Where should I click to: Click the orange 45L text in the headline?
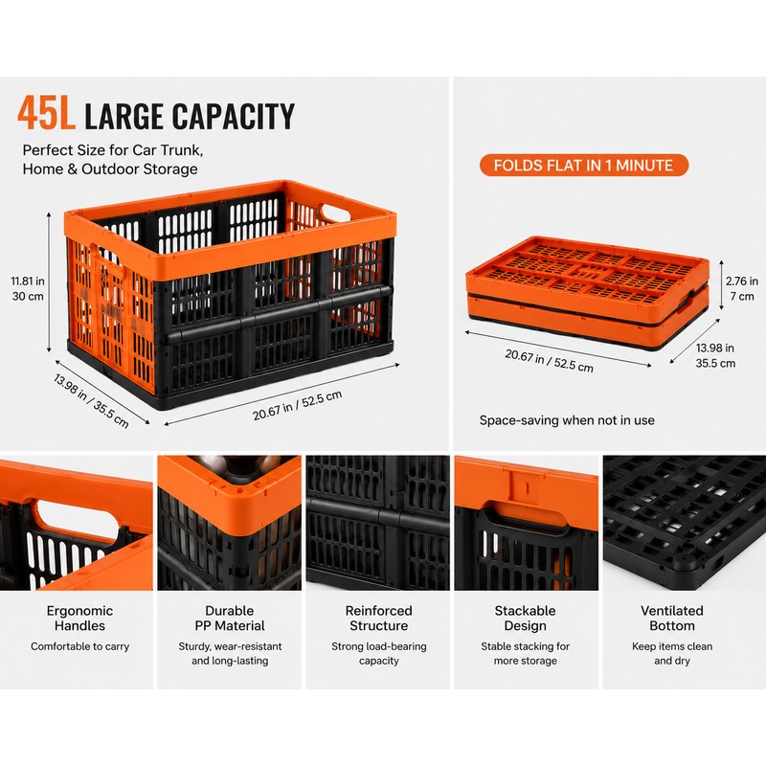coord(46,113)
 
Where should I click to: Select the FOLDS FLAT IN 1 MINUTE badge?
coord(584,165)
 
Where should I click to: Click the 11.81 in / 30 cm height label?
coord(28,289)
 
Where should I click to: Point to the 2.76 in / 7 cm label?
coord(741,289)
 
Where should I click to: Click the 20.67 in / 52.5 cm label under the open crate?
coord(297,405)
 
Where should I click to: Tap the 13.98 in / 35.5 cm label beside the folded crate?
coord(715,355)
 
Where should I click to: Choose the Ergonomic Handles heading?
coord(79,618)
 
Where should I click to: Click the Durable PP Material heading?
coord(230,618)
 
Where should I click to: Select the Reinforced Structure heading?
coord(378,618)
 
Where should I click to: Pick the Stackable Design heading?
coord(525,618)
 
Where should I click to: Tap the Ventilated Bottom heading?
coord(672,618)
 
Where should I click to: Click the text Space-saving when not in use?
coord(567,420)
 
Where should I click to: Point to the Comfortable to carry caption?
coord(79,646)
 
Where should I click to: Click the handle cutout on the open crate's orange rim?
coord(333,213)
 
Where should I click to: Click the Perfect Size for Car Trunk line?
coord(112,150)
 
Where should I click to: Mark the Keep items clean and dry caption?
coord(672,654)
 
